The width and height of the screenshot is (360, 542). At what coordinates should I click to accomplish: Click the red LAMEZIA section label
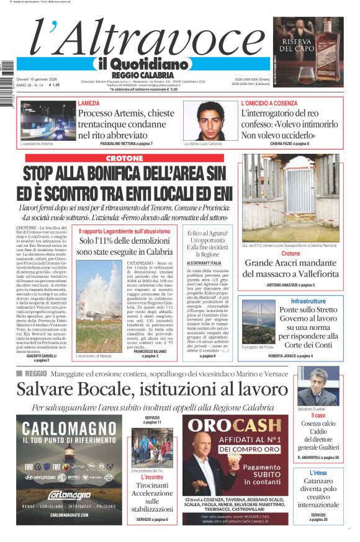[88, 103]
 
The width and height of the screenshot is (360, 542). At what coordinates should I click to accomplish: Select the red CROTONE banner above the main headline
[124, 158]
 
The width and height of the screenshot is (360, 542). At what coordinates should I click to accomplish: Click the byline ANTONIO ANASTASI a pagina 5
[290, 285]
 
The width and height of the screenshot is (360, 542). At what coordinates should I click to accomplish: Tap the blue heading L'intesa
[318, 473]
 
